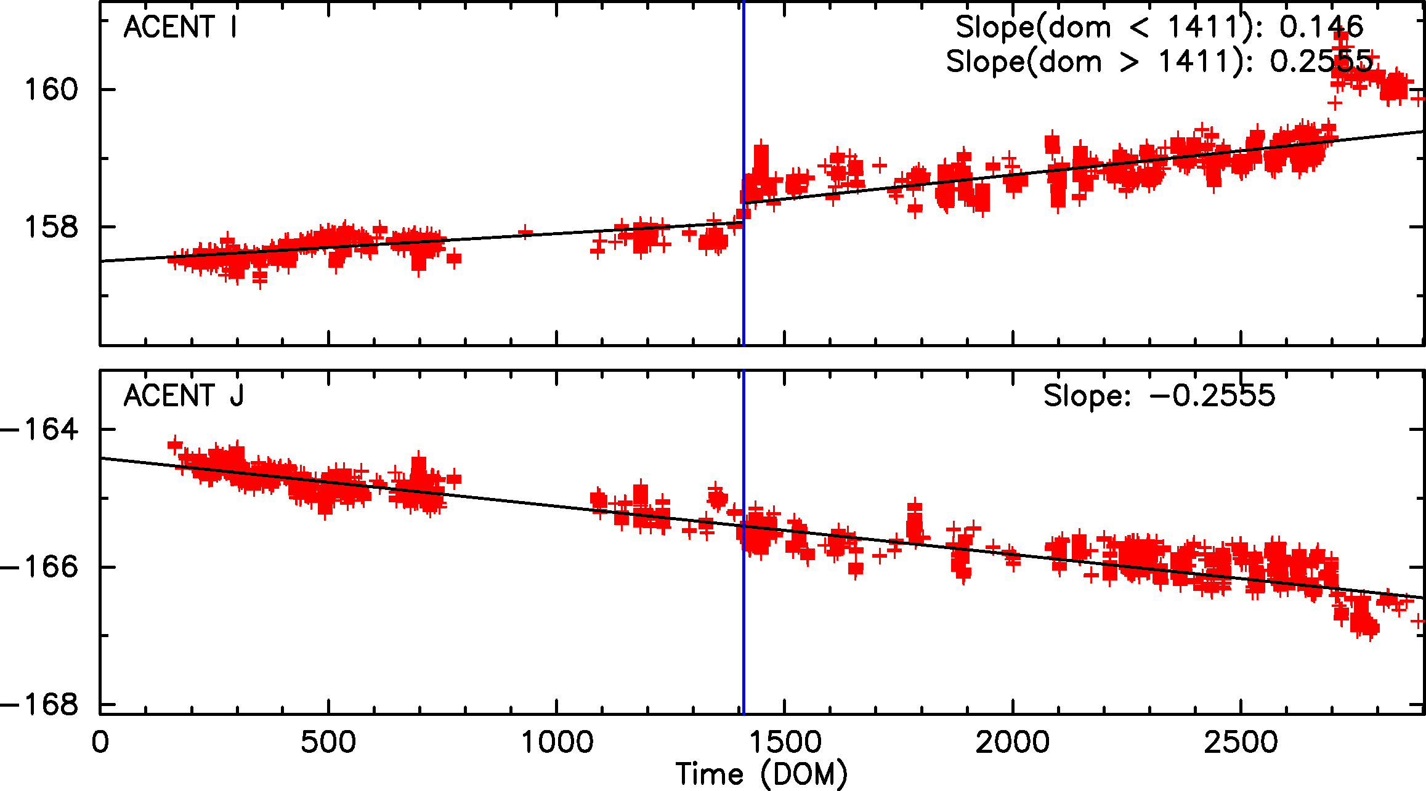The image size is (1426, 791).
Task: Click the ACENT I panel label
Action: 180,28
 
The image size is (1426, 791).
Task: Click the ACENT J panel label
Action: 184,396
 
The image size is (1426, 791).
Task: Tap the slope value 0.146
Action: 1321,27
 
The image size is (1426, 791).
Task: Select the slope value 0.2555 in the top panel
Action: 1321,62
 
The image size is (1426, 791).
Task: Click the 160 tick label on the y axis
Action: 52,90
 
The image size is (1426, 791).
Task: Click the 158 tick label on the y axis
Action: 52,227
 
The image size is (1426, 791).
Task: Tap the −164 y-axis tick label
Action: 41,429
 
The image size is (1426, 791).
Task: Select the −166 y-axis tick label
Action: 41,567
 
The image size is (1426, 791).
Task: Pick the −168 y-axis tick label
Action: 41,705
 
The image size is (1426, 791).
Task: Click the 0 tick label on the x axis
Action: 100,742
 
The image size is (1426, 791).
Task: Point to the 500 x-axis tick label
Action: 328,742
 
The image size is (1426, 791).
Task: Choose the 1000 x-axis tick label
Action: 557,742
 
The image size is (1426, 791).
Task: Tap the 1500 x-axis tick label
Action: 785,742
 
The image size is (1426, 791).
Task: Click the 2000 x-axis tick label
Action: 1013,742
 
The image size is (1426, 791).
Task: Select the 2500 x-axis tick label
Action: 1241,742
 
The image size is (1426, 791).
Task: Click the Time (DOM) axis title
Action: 761,774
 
